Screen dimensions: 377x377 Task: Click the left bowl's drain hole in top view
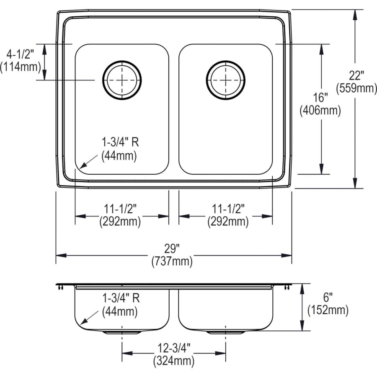coord(122,80)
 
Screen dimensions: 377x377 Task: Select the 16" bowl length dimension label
coord(320,98)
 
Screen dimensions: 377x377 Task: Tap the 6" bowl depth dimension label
coord(328,298)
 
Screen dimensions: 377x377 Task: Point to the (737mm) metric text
coord(172,262)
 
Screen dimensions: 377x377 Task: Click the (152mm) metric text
coord(328,310)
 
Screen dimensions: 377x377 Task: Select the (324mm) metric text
coord(173,360)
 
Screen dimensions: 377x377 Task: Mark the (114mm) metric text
coord(21,66)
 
